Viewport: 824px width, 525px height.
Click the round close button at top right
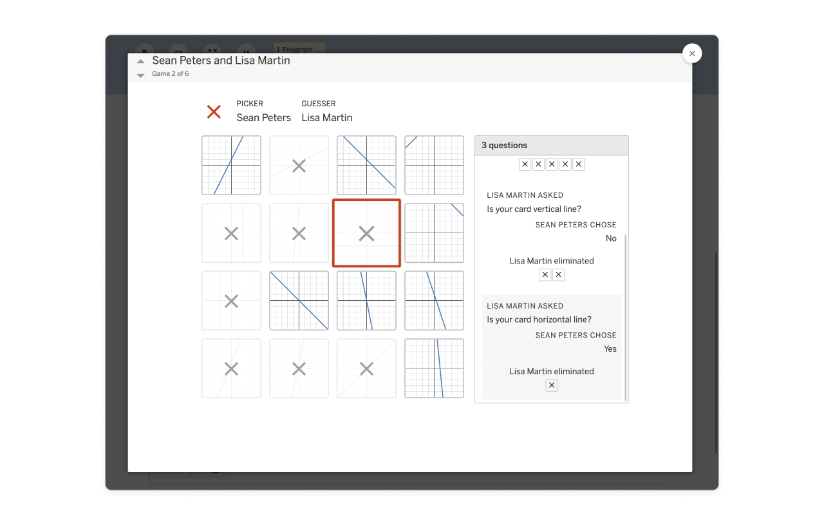pyautogui.click(x=692, y=53)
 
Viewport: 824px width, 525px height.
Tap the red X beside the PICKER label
pyautogui.click(x=214, y=112)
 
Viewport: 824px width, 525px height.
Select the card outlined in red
pyautogui.click(x=366, y=233)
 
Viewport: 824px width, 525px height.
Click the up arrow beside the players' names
pyautogui.click(x=140, y=61)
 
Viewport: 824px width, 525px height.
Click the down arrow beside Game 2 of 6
pyautogui.click(x=140, y=75)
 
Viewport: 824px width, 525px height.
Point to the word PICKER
pyautogui.click(x=250, y=104)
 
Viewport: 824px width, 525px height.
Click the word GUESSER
pyautogui.click(x=319, y=104)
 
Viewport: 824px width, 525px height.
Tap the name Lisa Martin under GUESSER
pyautogui.click(x=327, y=117)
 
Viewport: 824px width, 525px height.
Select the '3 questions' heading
pyautogui.click(x=504, y=146)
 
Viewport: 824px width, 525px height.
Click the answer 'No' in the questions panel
pyautogui.click(x=611, y=238)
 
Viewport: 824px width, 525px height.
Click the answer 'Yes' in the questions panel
pyautogui.click(x=610, y=348)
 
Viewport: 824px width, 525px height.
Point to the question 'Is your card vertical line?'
pyautogui.click(x=534, y=209)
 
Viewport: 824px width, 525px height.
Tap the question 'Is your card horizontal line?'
pyautogui.click(x=539, y=320)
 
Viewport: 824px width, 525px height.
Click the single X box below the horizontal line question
pyautogui.click(x=552, y=385)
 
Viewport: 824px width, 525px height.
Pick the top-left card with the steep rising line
pyautogui.click(x=231, y=166)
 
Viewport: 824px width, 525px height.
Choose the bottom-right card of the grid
pyautogui.click(x=434, y=368)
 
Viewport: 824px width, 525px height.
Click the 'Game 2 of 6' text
pyautogui.click(x=171, y=73)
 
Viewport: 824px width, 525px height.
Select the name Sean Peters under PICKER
pyautogui.click(x=264, y=117)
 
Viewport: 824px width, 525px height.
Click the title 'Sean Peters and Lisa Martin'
pyautogui.click(x=221, y=61)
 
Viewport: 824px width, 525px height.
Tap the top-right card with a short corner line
pyautogui.click(x=434, y=166)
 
